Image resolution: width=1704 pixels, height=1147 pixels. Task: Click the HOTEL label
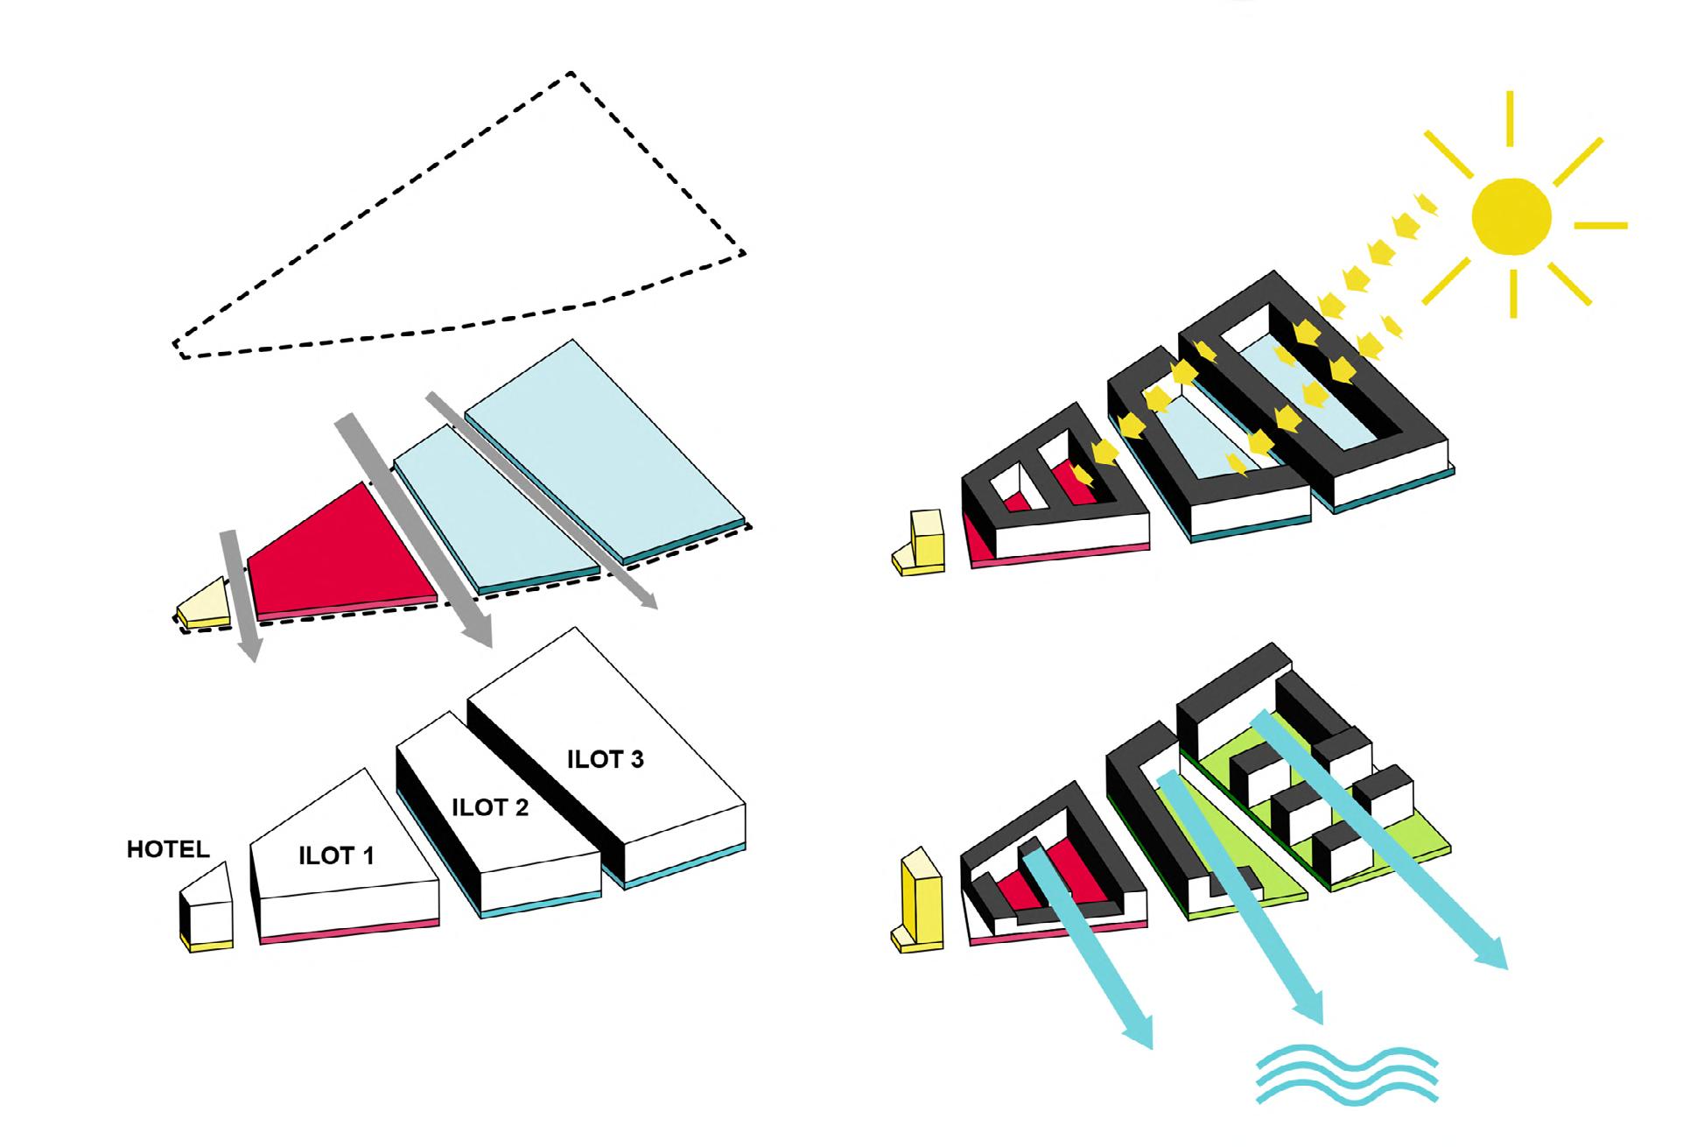168,849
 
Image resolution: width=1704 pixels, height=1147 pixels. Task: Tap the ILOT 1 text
336,855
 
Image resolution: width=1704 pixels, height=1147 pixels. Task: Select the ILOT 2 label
490,807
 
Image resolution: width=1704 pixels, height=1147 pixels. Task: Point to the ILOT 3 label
605,759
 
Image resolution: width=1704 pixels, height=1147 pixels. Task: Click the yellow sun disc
1511,215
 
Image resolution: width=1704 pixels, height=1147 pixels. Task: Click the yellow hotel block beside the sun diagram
924,543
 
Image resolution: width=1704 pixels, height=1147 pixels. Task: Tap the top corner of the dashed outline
571,74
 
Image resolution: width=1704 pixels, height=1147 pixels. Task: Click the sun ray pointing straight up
1510,118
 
